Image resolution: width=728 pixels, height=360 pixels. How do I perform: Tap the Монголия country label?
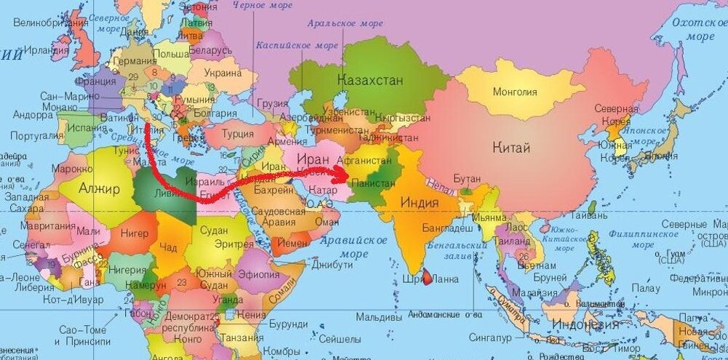click(x=515, y=92)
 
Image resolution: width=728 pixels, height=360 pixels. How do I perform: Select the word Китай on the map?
click(x=511, y=148)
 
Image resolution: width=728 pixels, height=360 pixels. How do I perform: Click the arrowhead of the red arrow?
click(x=343, y=175)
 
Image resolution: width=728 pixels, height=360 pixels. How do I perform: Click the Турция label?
click(x=238, y=133)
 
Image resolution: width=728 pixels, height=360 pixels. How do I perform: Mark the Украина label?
click(x=223, y=73)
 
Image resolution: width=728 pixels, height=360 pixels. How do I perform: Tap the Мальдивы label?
click(x=380, y=318)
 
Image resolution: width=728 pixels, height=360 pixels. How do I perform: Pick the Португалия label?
click(x=34, y=136)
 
